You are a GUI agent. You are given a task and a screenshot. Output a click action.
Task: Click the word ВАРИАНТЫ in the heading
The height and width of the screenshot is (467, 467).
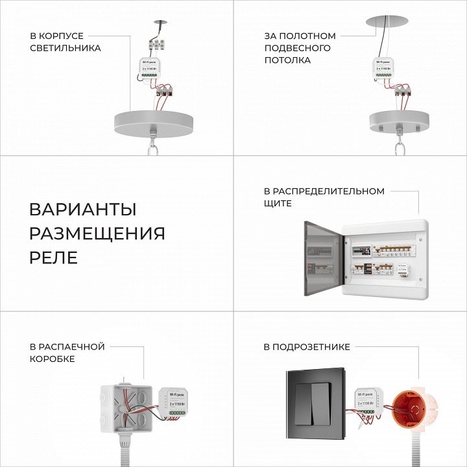point(83,210)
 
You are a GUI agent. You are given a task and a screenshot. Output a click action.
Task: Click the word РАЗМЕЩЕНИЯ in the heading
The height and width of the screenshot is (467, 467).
point(97,233)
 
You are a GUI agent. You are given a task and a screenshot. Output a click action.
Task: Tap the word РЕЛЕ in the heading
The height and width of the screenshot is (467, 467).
point(54,257)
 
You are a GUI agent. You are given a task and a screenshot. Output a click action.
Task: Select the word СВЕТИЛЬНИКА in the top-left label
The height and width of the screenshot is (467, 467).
point(66,48)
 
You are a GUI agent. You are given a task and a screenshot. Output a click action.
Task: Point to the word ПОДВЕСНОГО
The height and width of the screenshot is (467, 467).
point(297,48)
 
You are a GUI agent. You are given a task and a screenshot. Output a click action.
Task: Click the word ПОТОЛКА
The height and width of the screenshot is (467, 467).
point(287,60)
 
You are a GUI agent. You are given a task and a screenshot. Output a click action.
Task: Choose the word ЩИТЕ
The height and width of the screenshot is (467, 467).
point(278,204)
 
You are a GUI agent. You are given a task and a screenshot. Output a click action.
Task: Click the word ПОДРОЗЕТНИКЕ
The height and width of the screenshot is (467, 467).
point(307,347)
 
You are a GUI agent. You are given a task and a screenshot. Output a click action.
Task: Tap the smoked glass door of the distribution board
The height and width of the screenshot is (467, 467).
point(323,258)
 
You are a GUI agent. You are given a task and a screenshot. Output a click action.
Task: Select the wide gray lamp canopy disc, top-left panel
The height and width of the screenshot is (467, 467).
point(154,120)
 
